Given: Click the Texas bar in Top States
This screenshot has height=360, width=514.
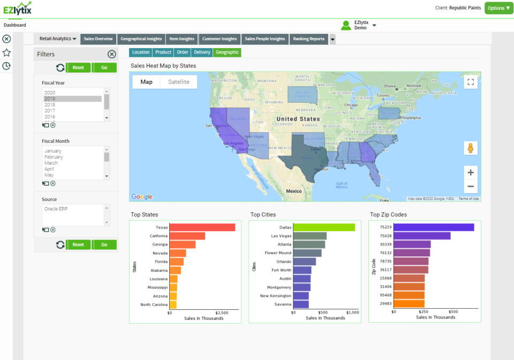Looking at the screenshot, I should (x=202, y=227).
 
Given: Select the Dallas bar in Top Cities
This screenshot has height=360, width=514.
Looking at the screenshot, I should (x=323, y=227).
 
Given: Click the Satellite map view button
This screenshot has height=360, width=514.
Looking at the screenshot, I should (x=178, y=82).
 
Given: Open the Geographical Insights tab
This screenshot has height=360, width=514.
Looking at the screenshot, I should (x=141, y=39).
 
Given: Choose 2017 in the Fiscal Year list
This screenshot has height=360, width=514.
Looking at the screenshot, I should (x=50, y=111).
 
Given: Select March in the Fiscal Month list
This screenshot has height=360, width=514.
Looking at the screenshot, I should (x=51, y=163).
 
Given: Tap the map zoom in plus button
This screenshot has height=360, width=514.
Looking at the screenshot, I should (x=471, y=172).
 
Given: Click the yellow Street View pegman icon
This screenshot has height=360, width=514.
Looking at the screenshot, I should (x=471, y=148).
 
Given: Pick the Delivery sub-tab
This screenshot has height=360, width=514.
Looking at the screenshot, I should (x=202, y=52).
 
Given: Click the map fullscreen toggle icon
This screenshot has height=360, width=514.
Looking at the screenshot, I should (x=471, y=82).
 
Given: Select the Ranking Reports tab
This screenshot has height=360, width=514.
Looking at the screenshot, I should (x=308, y=39).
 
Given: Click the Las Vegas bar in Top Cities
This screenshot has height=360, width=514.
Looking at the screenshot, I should (x=309, y=236).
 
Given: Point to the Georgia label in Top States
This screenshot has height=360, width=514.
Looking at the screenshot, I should (x=160, y=244).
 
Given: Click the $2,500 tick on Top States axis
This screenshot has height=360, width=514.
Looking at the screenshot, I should (x=222, y=312).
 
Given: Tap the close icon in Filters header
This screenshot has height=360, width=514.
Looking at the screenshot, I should (x=111, y=54).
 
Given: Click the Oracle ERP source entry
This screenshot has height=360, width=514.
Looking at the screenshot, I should (x=58, y=209).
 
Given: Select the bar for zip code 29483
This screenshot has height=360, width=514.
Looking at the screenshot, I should (x=409, y=304).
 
